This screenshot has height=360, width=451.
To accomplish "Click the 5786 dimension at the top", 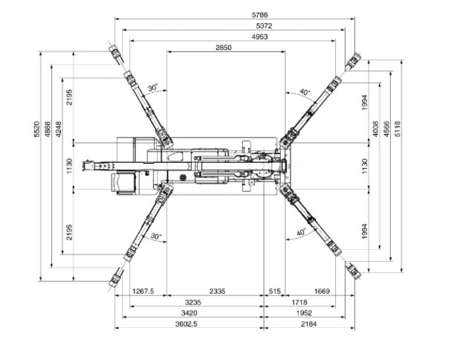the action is [259, 15].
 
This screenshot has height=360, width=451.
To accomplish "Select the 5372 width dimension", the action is [264, 26].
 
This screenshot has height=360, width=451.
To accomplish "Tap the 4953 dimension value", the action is [259, 37].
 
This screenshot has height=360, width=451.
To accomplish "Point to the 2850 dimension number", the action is [224, 48].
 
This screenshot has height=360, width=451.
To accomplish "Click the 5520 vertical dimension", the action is [37, 129].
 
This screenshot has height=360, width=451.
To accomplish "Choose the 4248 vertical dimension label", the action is [58, 129].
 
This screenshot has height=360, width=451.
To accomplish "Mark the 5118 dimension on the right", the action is [398, 129].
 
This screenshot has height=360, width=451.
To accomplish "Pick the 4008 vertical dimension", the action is [376, 129].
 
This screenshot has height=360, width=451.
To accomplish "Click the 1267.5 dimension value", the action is [143, 291].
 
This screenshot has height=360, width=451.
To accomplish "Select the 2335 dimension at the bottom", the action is [217, 291].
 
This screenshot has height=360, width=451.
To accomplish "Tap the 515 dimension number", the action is [274, 291].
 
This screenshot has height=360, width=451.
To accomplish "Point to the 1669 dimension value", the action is [322, 291].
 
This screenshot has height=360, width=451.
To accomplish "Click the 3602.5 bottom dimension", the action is [186, 324].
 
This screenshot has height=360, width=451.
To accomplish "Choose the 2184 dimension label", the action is [308, 324].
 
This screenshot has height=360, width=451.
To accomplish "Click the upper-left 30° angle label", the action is [153, 87].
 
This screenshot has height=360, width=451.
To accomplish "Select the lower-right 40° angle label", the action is [301, 232].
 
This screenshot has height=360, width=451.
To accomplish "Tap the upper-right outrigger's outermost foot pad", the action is [353, 61].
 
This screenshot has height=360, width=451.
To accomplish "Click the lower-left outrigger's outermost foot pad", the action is [116, 277].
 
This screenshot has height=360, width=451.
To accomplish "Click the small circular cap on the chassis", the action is [182, 177].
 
